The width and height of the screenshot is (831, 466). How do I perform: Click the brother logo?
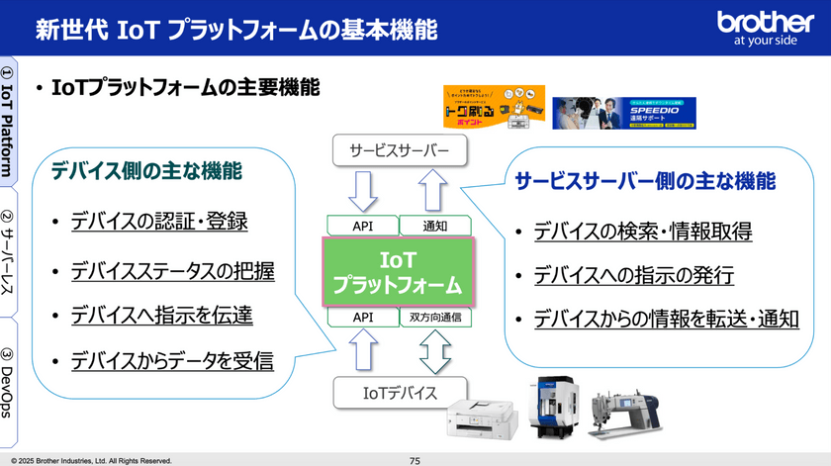[x=765, y=29]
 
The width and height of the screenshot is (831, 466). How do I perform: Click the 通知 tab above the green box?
[x=436, y=226]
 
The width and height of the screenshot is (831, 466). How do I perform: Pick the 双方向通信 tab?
[x=436, y=318]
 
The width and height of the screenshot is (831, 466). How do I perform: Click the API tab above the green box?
[x=362, y=226]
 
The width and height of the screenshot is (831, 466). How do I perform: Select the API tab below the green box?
[x=362, y=318]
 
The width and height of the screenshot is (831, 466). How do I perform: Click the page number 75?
[x=415, y=460]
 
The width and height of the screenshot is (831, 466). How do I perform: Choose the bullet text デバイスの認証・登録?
[x=158, y=222]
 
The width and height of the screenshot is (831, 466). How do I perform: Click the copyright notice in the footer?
[x=91, y=460]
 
